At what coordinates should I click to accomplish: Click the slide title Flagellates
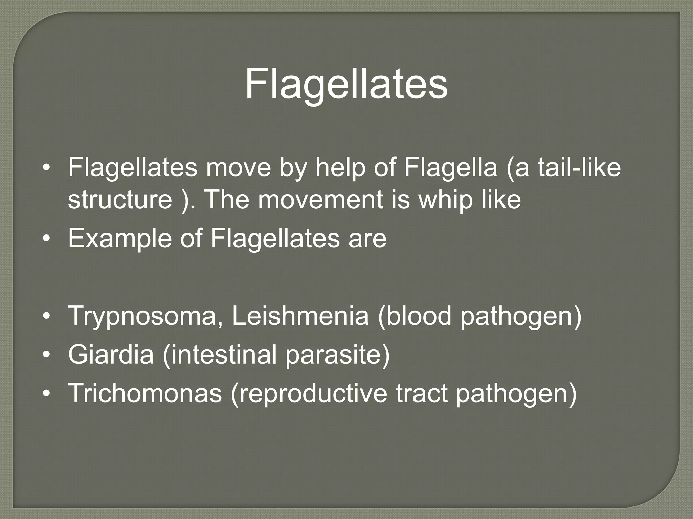(346, 83)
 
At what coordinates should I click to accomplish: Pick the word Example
(120, 238)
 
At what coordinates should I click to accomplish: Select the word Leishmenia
(300, 316)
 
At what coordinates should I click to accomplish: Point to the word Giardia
(111, 355)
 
